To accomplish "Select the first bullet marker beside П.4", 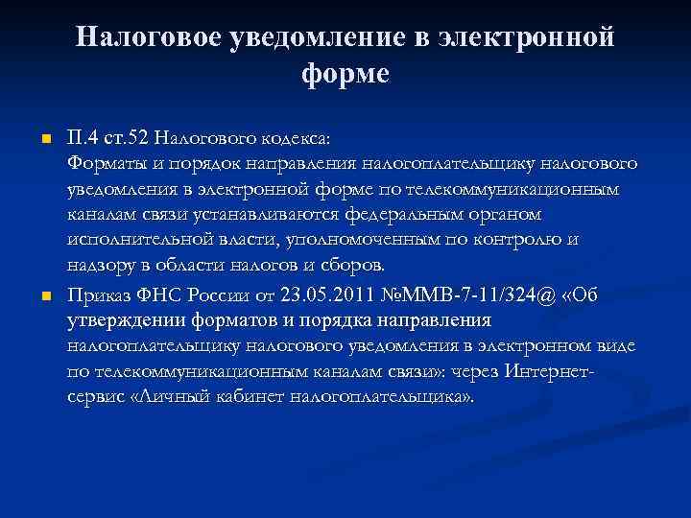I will pyautogui.click(x=44, y=141).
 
